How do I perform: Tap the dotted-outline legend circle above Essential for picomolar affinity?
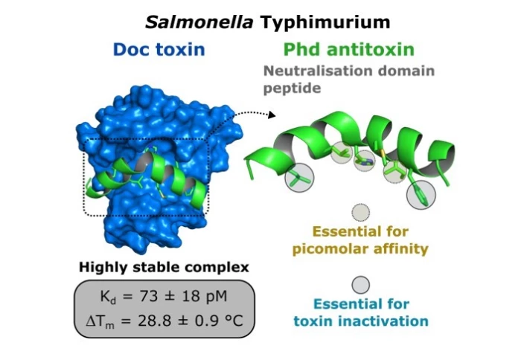360,212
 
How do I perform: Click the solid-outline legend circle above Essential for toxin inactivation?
360,286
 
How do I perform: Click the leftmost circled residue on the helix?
299,179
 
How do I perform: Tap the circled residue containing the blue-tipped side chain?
365,159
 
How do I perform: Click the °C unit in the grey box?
240,324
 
